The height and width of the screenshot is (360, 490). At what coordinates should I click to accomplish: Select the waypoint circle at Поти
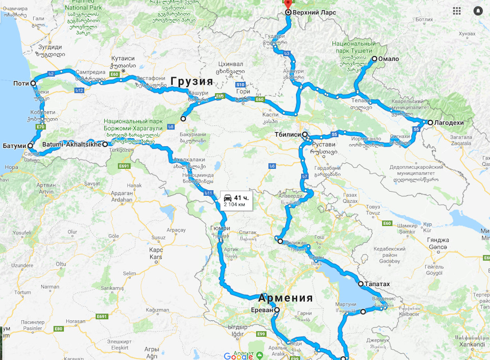click(33, 83)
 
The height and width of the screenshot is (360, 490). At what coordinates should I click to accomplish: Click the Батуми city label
click(14, 146)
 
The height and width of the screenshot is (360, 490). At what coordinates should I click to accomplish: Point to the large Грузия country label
click(191, 81)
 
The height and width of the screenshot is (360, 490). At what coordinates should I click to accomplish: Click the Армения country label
click(285, 298)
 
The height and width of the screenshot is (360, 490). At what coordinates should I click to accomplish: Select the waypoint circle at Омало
click(374, 59)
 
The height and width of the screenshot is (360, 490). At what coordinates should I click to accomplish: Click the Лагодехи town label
click(449, 122)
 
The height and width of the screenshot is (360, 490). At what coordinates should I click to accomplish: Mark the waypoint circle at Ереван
click(277, 310)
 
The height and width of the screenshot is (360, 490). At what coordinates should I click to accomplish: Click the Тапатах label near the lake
click(378, 284)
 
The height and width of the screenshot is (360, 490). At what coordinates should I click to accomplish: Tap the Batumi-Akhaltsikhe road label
click(71, 145)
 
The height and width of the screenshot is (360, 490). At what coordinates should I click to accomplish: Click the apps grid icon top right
click(457, 11)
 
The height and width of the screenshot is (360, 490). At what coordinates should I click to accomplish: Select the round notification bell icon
click(478, 11)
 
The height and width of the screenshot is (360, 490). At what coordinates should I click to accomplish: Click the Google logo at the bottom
click(239, 356)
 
